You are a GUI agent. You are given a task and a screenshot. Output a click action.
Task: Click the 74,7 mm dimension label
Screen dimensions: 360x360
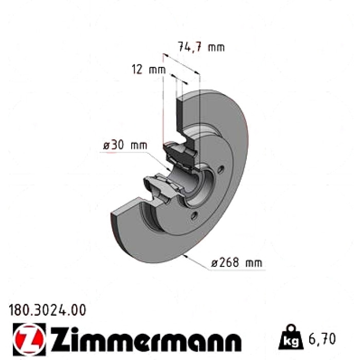201,47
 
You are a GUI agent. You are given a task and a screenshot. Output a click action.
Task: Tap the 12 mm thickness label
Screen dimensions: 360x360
149,69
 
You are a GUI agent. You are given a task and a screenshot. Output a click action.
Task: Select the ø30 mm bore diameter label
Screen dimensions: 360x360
125,145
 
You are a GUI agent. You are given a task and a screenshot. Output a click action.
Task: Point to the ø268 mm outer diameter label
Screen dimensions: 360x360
237,263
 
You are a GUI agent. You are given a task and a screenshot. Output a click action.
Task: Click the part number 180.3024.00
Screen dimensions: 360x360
47,310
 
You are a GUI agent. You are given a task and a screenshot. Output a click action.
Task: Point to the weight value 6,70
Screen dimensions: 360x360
322,339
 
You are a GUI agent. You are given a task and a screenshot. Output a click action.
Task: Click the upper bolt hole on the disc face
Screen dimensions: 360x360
221,170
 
